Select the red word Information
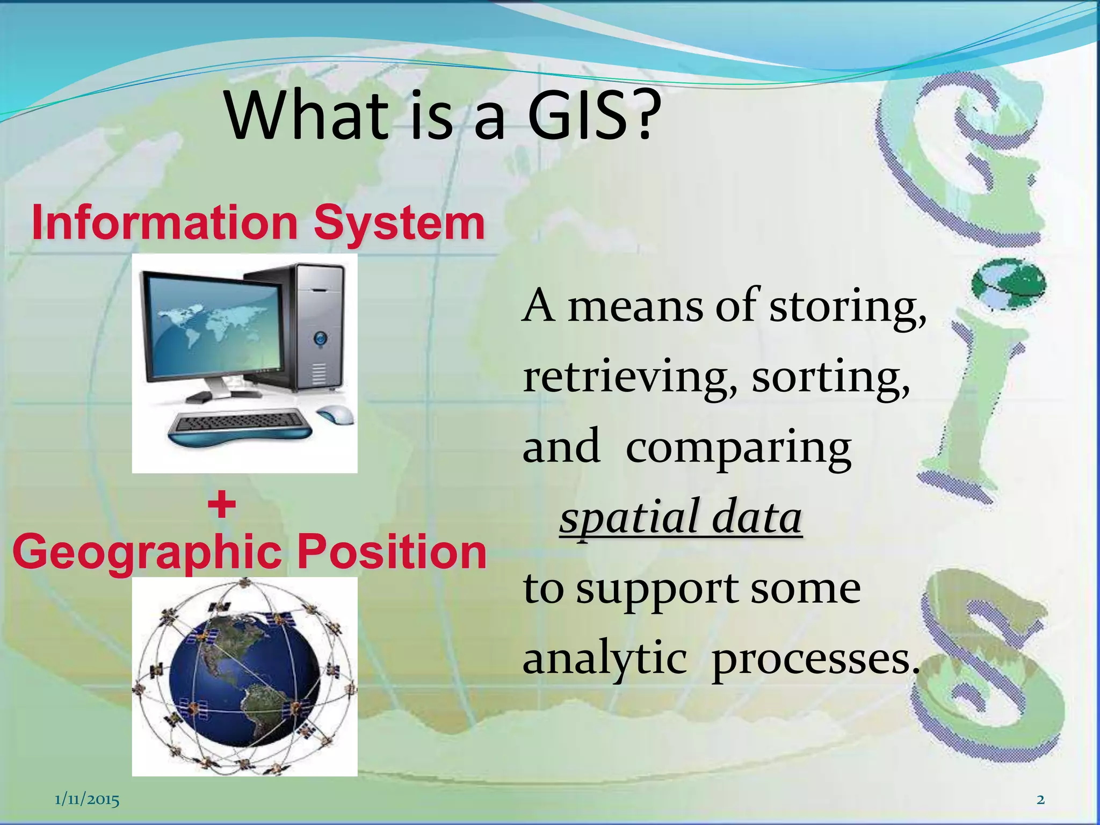pyautogui.click(x=164, y=223)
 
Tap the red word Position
pyautogui.click(x=392, y=552)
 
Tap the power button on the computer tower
pyautogui.click(x=321, y=338)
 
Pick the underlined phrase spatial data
pyautogui.click(x=681, y=517)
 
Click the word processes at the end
pyautogui.click(x=814, y=660)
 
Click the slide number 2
pyautogui.click(x=1040, y=800)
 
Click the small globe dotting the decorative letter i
pyautogui.click(x=1008, y=284)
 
